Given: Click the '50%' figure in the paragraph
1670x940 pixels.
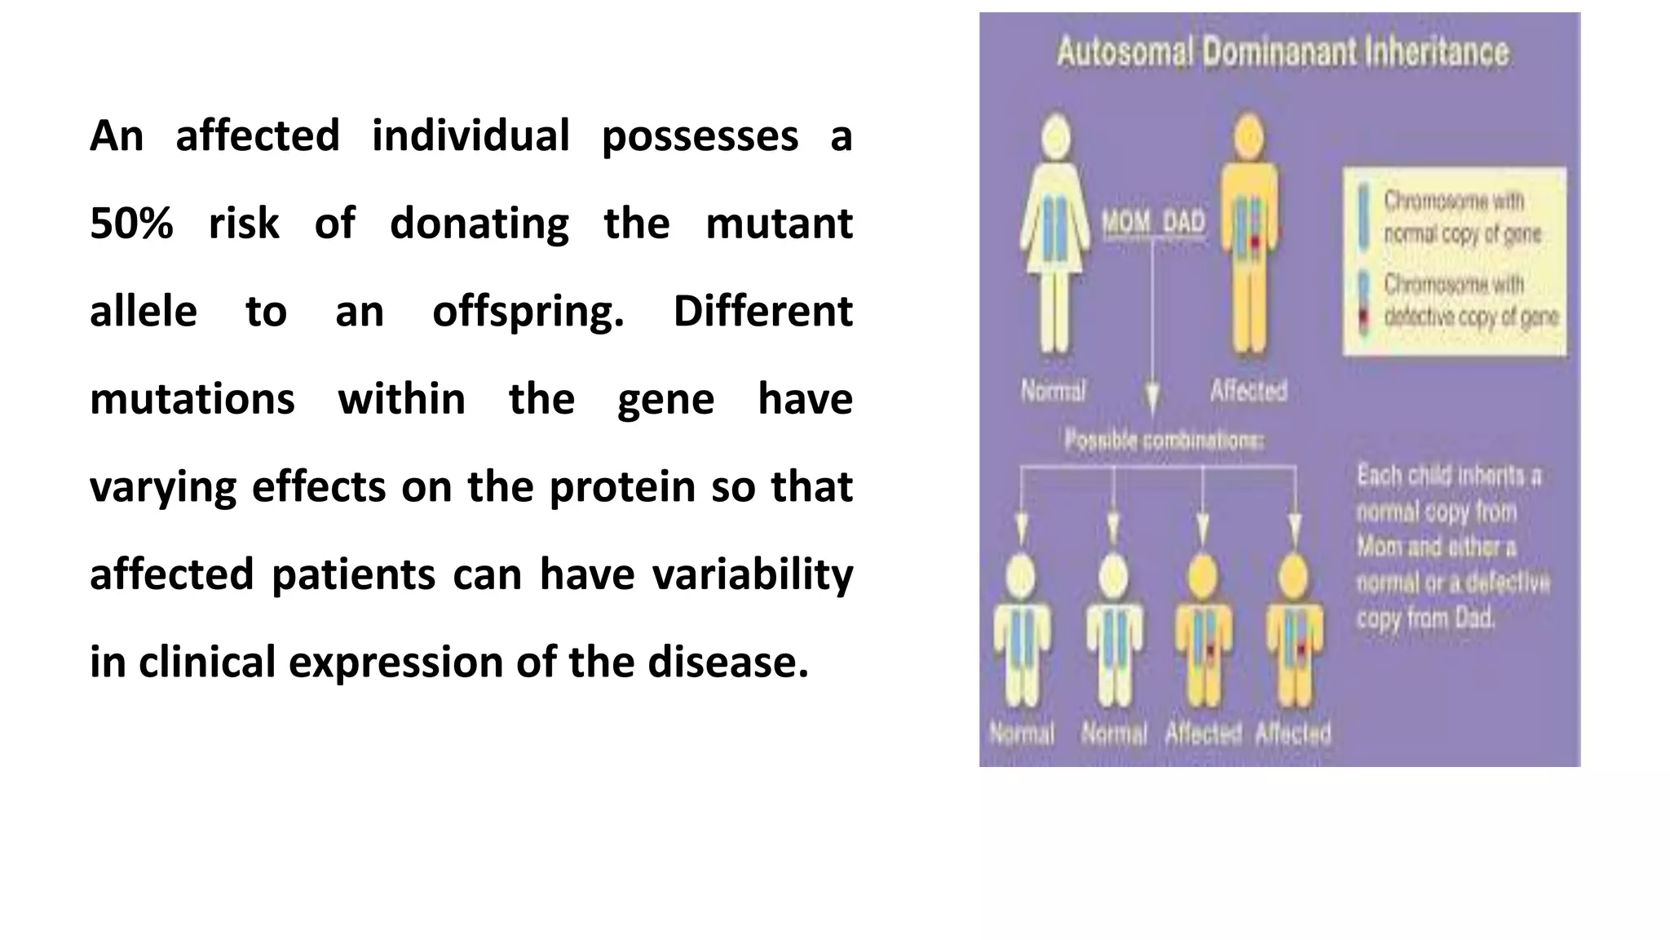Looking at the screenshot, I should click(131, 224).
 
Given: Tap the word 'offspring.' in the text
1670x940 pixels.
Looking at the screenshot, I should click(528, 312).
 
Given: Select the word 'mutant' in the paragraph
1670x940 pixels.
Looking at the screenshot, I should click(779, 224).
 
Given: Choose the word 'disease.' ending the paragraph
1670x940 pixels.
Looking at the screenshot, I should click(728, 662).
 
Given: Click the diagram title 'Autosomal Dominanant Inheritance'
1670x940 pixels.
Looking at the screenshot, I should click(1283, 52).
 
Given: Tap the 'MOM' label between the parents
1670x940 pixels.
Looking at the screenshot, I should click(1126, 222).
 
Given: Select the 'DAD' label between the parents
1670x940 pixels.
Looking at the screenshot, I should click(1183, 222).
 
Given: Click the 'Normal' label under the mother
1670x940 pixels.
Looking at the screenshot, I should click(1054, 391).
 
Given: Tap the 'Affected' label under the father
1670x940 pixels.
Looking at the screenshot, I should click(1248, 391).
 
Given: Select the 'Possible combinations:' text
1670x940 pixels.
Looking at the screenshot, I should click(1164, 441).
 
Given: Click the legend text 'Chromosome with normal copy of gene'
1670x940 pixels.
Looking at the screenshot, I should click(1462, 217).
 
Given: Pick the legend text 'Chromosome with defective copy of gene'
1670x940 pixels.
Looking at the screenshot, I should click(1470, 300).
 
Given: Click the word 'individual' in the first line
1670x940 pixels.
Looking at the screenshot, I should click(471, 136).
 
